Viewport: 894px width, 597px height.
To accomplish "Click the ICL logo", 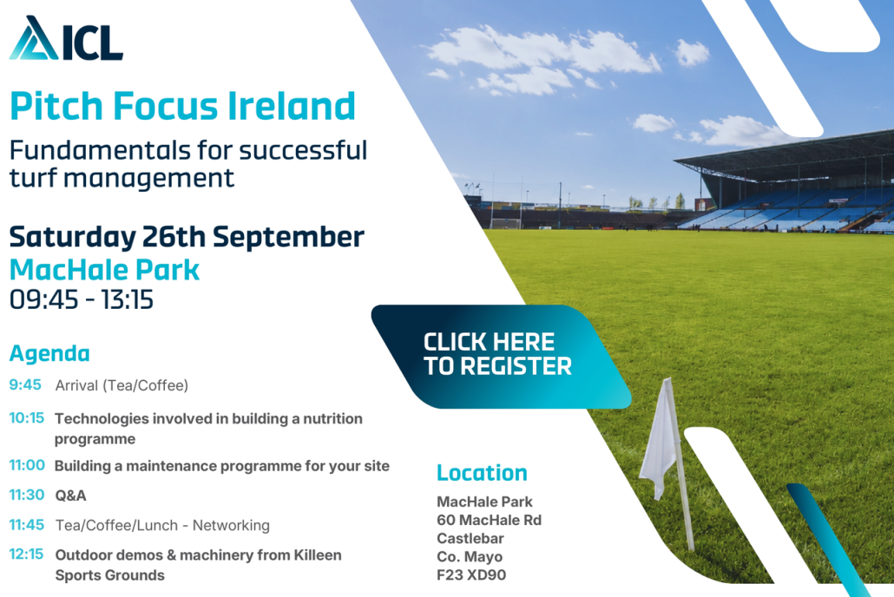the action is [x=66, y=38].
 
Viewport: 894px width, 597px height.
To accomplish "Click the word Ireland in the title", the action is [x=292, y=106].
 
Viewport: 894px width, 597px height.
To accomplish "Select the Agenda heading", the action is [x=49, y=353].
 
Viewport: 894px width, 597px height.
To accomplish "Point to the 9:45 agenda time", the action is [x=25, y=385].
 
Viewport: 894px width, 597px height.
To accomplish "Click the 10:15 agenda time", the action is [x=26, y=418].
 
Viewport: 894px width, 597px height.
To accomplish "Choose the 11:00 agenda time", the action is [x=27, y=465].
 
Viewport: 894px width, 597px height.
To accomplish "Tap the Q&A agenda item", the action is [x=70, y=495].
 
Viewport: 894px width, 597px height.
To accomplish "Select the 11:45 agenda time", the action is [x=26, y=525].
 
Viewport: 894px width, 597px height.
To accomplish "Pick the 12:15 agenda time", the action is [x=26, y=554].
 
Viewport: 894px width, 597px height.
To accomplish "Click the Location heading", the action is [x=482, y=473].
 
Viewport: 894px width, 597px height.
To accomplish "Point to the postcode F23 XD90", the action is [x=471, y=574].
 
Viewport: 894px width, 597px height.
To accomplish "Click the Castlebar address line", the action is [x=470, y=538].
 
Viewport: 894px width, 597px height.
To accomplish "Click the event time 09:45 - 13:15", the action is [x=82, y=299].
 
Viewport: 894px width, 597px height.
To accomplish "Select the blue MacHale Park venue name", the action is [x=105, y=270].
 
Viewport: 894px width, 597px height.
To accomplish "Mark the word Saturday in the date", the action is [x=73, y=237].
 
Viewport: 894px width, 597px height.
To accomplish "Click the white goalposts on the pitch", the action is [x=505, y=224].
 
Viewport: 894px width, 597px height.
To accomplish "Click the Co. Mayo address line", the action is [x=470, y=556].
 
